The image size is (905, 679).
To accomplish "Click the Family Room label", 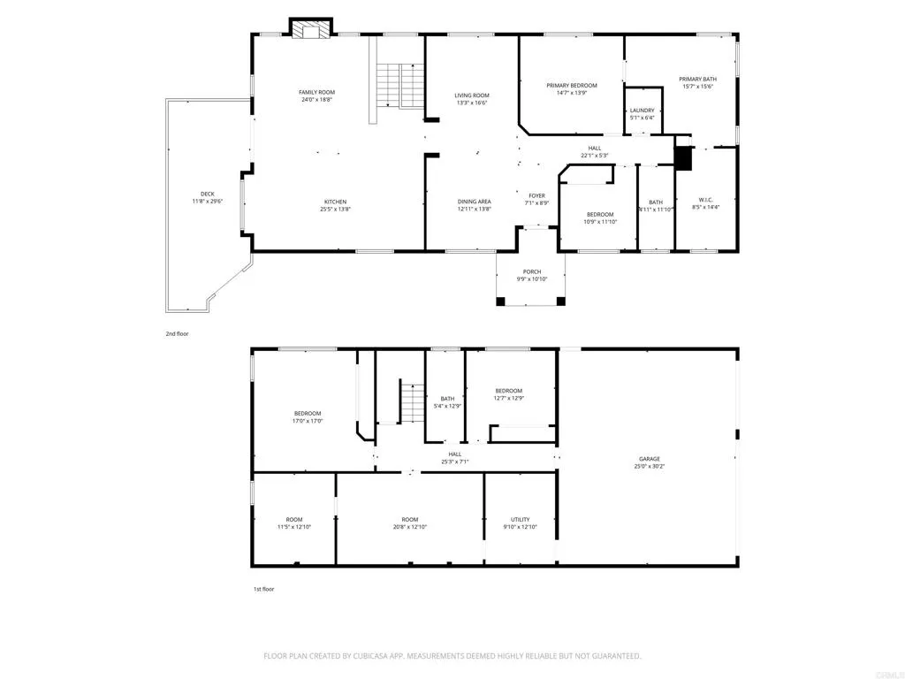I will tap(316, 92).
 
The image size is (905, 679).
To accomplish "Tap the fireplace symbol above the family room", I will tap(311, 31).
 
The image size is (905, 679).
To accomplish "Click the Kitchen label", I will tap(334, 202).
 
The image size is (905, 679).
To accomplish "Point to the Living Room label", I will tap(472, 95).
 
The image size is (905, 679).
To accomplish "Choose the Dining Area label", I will tap(475, 202).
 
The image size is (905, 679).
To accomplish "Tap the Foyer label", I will tap(537, 195).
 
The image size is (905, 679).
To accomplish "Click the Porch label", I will tap(532, 271).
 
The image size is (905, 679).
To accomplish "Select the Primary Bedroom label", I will tap(572, 86).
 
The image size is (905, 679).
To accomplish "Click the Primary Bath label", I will tap(696, 79).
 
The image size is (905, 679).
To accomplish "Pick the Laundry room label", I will tap(643, 111).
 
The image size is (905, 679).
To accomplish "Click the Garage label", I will tap(650, 459).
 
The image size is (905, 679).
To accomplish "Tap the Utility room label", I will tap(520, 519).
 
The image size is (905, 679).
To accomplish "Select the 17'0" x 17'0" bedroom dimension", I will tap(308, 421).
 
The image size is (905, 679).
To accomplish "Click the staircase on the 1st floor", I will tap(412, 404).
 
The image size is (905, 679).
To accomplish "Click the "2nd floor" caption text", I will tap(177, 334).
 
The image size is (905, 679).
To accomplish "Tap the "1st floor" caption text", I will tap(264, 588).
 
